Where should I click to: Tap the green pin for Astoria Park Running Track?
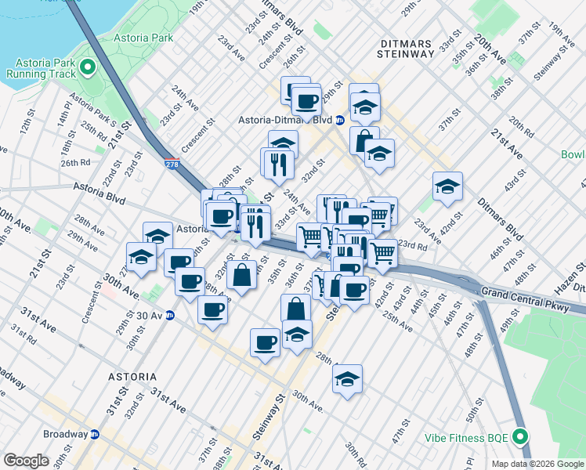click(x=87, y=67)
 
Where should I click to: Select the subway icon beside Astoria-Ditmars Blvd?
click(x=340, y=121)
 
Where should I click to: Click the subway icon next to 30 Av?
click(x=169, y=316)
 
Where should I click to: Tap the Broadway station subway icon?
click(x=95, y=434)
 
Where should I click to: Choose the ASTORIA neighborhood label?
click(x=132, y=376)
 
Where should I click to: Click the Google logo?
click(x=26, y=461)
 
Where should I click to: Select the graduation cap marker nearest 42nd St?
click(x=447, y=186)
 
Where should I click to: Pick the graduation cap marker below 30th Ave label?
click(x=347, y=379)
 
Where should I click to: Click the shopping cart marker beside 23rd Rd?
click(x=382, y=252)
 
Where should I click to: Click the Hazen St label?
click(x=571, y=269)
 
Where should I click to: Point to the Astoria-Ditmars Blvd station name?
click(x=285, y=121)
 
